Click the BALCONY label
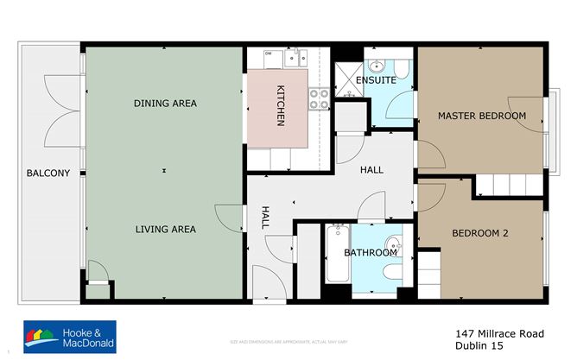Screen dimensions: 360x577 pos(48,174)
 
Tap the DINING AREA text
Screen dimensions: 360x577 pos(165,104)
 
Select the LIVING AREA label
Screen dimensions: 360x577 pos(165,230)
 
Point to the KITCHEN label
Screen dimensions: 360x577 pos(281,106)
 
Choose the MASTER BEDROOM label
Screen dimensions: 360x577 pos(481,116)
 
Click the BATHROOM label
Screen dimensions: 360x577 pos(371,253)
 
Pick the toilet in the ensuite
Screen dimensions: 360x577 pos(403,65)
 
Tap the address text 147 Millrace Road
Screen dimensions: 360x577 pos(500,332)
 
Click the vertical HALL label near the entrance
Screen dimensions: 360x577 pos(266,218)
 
